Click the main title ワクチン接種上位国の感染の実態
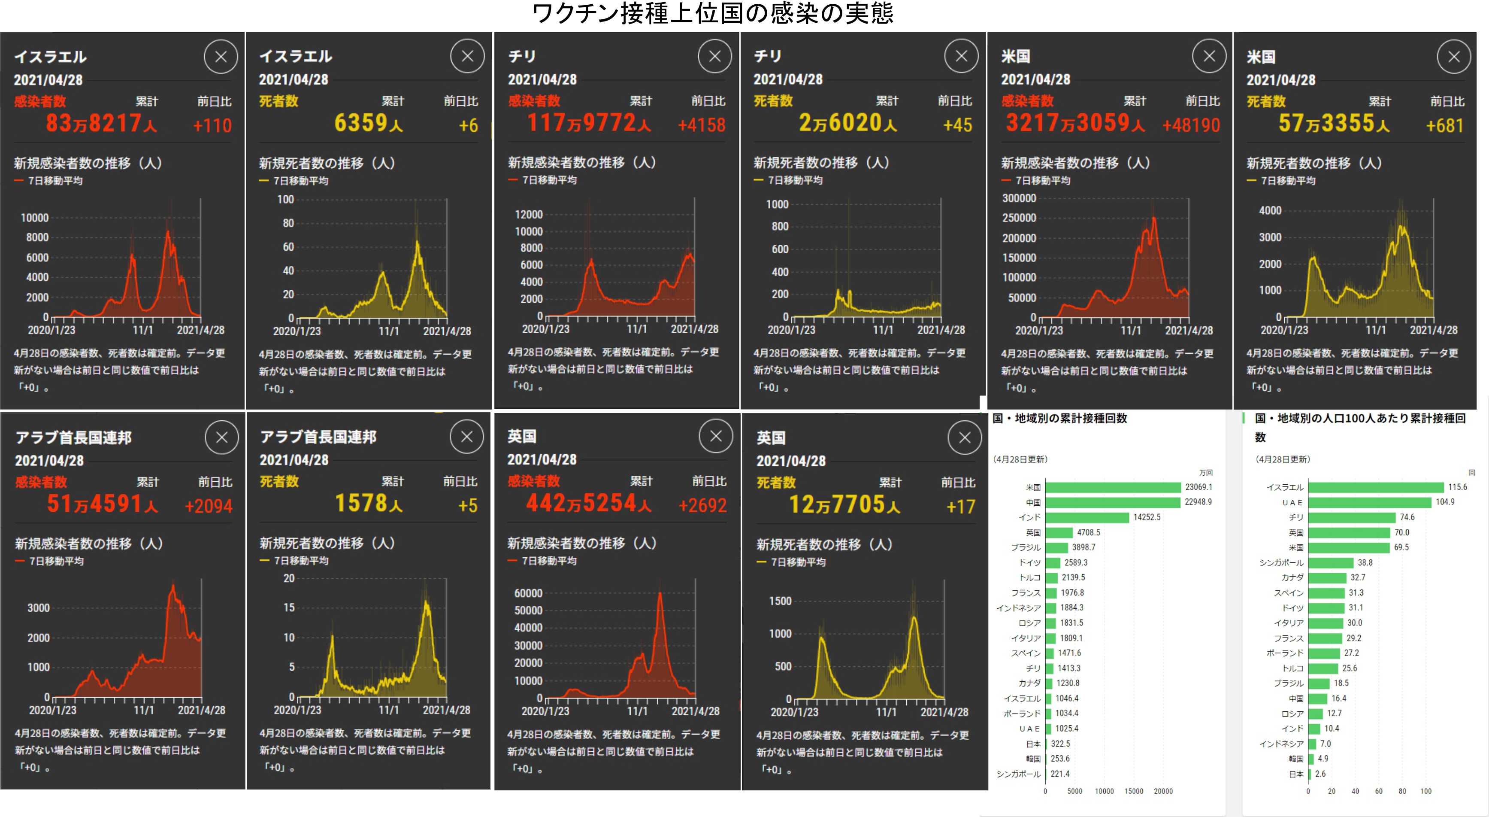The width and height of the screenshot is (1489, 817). pyautogui.click(x=712, y=13)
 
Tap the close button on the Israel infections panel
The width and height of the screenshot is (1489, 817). pyautogui.click(x=221, y=57)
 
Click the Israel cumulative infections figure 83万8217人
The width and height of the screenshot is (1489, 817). pyautogui.click(x=101, y=123)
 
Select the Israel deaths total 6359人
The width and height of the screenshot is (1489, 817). pyautogui.click(x=368, y=123)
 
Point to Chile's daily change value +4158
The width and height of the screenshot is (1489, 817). pyautogui.click(x=701, y=125)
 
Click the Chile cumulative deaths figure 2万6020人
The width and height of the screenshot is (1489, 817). pyautogui.click(x=847, y=123)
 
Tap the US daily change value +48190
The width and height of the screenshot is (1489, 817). pyautogui.click(x=1191, y=125)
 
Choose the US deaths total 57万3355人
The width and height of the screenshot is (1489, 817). pyautogui.click(x=1334, y=123)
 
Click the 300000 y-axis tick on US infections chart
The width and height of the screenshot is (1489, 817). pyautogui.click(x=1019, y=198)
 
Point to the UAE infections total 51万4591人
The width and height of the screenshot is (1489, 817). pyautogui.click(x=102, y=504)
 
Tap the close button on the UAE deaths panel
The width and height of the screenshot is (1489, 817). pyautogui.click(x=467, y=437)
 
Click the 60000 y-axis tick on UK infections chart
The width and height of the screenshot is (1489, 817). pyautogui.click(x=528, y=593)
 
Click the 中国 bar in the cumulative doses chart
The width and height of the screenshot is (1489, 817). pyautogui.click(x=1113, y=502)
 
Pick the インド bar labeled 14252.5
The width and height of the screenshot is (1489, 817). pyautogui.click(x=1086, y=517)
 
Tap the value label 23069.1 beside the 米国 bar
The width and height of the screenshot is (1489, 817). pyautogui.click(x=1198, y=487)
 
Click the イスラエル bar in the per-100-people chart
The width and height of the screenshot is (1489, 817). pyautogui.click(x=1375, y=487)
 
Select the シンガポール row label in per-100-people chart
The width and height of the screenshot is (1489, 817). pyautogui.click(x=1281, y=562)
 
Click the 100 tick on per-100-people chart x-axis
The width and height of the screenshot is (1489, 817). pyautogui.click(x=1425, y=791)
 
